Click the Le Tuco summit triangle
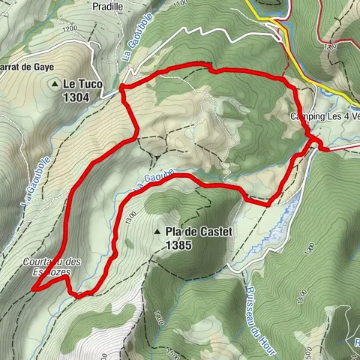55,85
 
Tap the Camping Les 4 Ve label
325,117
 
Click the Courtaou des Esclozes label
51,267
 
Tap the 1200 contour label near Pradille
71,28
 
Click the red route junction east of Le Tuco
121,91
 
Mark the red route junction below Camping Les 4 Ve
313,139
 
